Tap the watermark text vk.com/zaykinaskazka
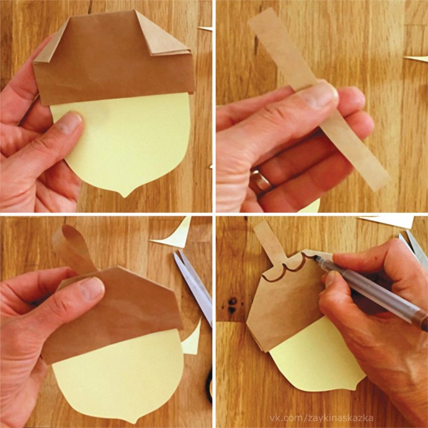point(321,418)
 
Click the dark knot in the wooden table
point(232,305)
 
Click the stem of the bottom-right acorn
point(269,243)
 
